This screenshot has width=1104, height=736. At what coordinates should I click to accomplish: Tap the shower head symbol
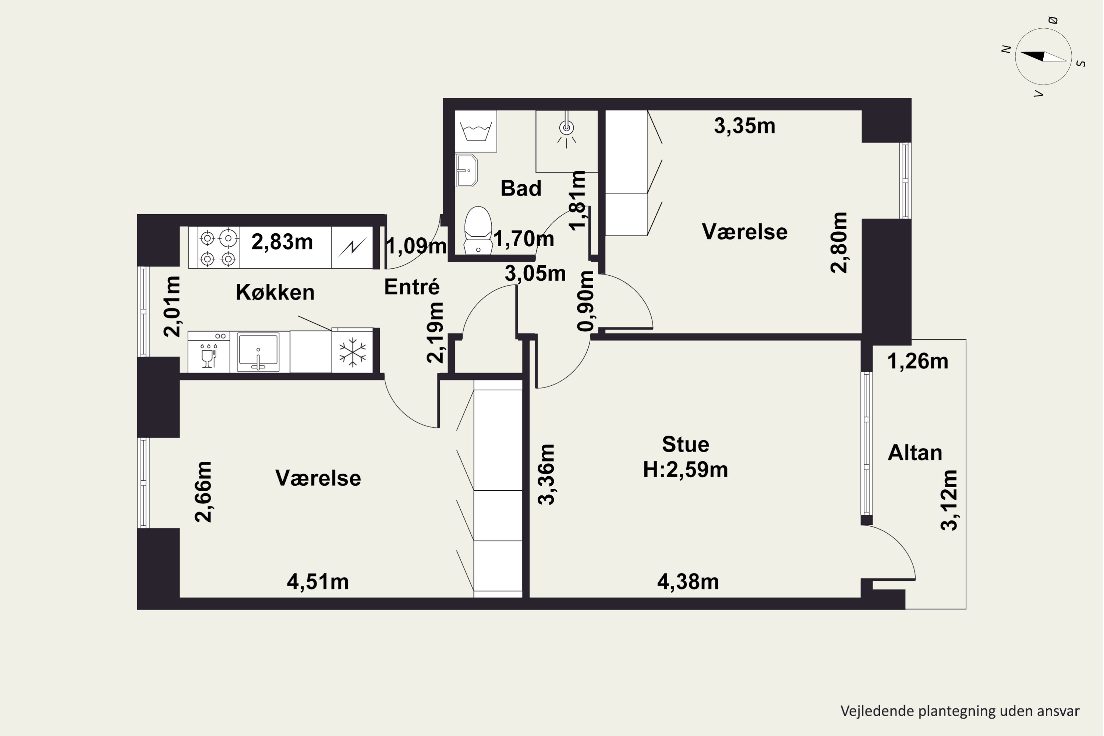(567, 130)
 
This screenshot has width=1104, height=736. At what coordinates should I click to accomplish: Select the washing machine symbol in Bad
(476, 131)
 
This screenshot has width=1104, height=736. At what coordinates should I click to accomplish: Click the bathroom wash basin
(466, 170)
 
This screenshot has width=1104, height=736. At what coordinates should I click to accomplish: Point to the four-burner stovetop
(218, 247)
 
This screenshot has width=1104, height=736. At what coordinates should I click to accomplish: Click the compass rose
(1043, 57)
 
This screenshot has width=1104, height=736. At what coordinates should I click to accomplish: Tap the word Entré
(412, 286)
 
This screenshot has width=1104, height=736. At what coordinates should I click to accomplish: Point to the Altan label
(915, 453)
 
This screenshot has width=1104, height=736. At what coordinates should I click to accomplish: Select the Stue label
(685, 444)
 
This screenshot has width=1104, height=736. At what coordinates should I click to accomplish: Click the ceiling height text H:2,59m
(685, 470)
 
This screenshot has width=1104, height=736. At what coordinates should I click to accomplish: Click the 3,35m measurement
(744, 126)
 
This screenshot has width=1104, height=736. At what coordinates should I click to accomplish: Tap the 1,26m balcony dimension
(918, 361)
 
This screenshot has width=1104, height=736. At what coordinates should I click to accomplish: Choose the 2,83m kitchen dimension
(282, 242)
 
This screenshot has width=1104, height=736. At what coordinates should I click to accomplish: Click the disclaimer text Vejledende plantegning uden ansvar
(960, 711)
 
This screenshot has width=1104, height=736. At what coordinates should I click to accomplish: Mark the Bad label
(521, 188)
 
